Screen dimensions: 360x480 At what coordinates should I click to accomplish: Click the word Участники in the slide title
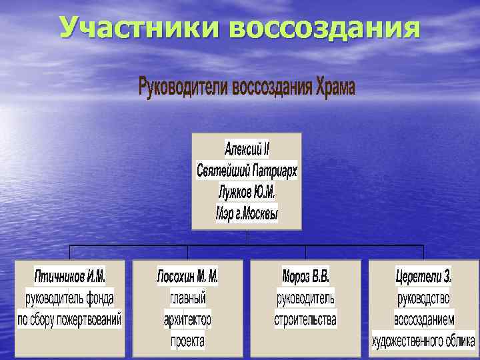click(141, 28)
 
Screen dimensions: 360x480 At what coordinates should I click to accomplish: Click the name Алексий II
click(247, 148)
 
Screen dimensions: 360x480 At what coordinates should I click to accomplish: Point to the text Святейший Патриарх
click(247, 170)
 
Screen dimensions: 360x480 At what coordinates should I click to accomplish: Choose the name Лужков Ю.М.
click(247, 192)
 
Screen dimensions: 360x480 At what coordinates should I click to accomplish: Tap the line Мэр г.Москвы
click(247, 214)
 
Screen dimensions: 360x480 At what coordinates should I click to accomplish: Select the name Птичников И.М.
click(70, 275)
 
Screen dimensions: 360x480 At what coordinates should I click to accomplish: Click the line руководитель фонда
click(70, 297)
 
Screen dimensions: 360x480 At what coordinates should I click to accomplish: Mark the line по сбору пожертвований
click(70, 319)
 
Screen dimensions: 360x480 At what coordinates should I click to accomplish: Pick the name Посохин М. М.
click(187, 275)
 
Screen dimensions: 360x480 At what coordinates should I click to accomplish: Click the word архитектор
click(187, 319)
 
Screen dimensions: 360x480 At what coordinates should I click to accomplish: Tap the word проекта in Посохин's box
click(187, 341)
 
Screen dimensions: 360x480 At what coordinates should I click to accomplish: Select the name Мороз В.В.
click(305, 275)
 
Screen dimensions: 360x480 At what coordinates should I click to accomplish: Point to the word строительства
click(305, 319)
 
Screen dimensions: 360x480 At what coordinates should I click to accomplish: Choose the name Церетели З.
click(423, 275)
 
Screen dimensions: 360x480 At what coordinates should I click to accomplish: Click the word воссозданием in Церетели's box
click(423, 319)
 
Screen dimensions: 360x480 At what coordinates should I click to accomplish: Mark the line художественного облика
click(423, 341)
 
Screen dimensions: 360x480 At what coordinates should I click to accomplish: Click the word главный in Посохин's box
click(187, 297)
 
